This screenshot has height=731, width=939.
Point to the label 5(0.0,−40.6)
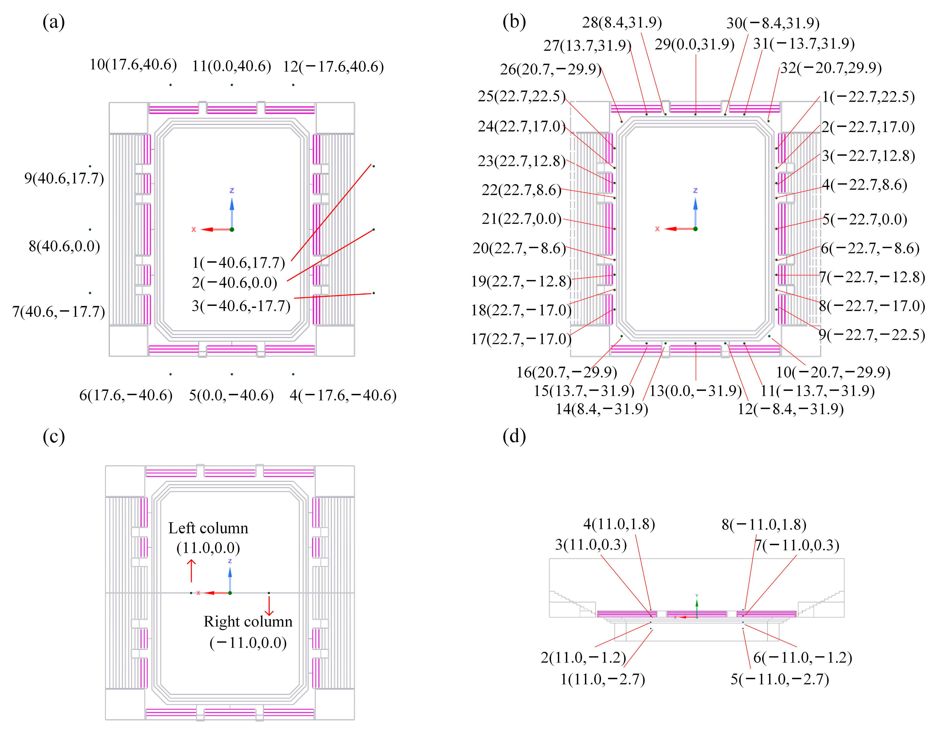[x=231, y=395]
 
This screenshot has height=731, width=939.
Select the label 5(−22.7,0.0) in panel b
[x=865, y=219]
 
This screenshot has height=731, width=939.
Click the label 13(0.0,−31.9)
[x=695, y=391]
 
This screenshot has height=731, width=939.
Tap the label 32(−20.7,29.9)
[x=831, y=68]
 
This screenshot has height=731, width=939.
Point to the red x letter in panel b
[x=657, y=229]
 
